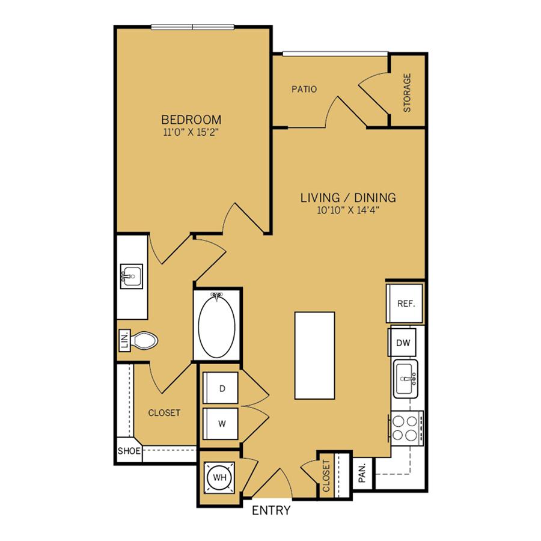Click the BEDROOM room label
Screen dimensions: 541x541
[x=191, y=120]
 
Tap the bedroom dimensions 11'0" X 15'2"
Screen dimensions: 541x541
[x=191, y=132]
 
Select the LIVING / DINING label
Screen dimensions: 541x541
[x=348, y=198]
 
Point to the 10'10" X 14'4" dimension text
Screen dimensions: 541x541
[x=348, y=210]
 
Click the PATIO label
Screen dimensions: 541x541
[x=304, y=90]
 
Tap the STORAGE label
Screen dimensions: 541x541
[x=407, y=93]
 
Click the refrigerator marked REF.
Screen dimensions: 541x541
[x=405, y=304]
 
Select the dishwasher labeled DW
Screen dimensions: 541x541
[x=403, y=342]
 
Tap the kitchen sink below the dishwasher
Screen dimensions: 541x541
[x=406, y=379]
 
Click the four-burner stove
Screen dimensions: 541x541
[x=406, y=428]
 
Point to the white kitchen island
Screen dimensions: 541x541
[x=314, y=356]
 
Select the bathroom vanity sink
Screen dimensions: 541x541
[x=132, y=277]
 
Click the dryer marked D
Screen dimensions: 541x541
[x=221, y=388]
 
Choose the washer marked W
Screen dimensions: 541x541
[x=221, y=424]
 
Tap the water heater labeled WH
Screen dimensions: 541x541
[x=219, y=477]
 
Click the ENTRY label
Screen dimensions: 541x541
[x=271, y=510]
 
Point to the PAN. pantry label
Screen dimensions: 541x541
[x=362, y=473]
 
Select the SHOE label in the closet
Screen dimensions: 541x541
[x=129, y=451]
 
